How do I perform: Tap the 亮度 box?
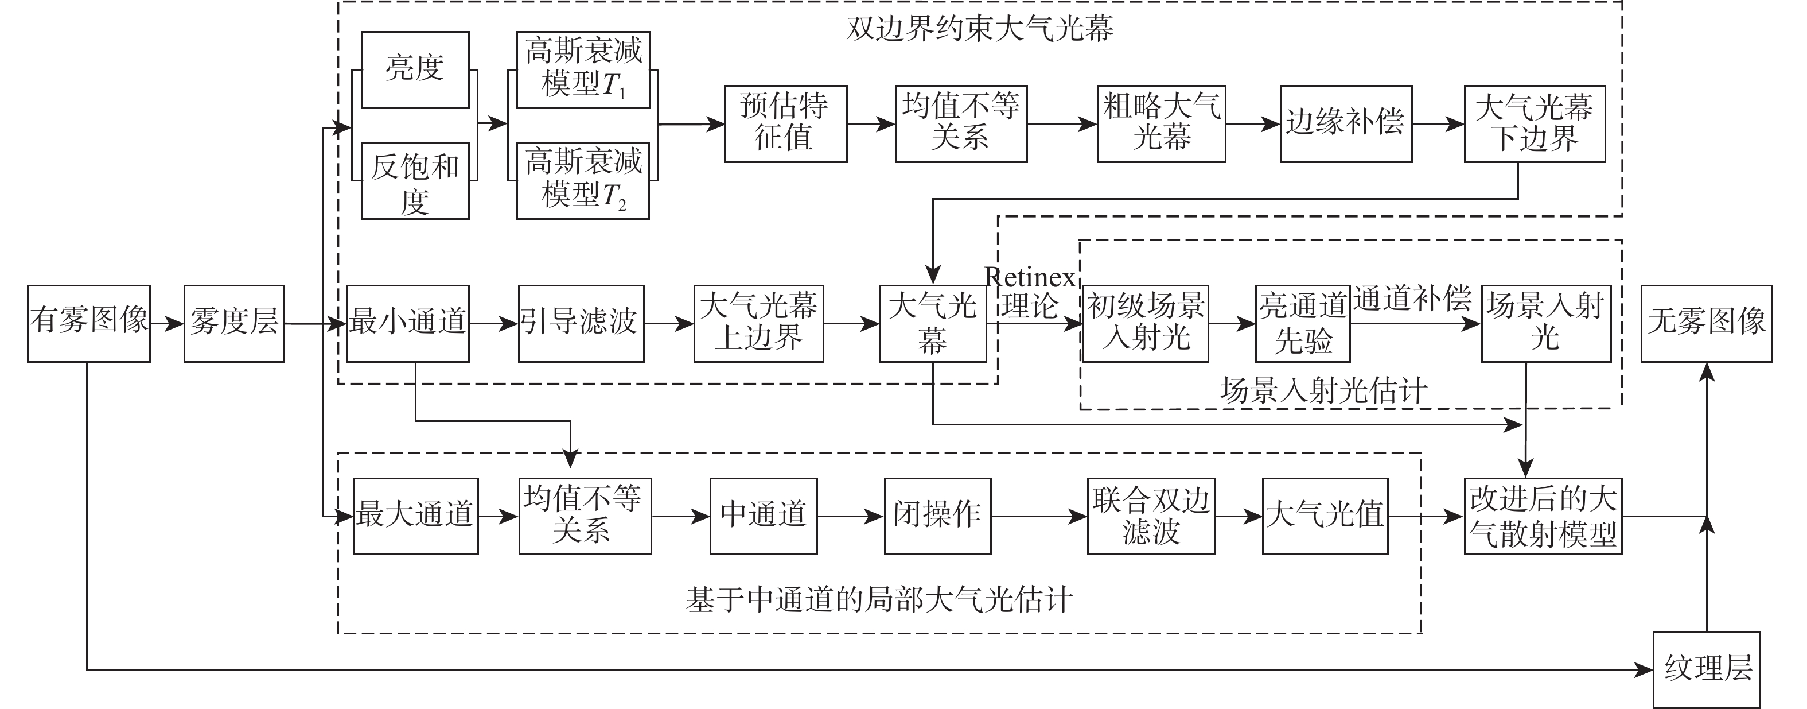tap(415, 69)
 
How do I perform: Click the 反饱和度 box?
tap(415, 180)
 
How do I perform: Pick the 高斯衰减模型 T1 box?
tap(582, 69)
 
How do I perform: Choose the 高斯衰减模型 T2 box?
tap(582, 180)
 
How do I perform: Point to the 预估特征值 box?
tap(785, 123)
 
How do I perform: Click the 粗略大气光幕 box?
tap(1161, 123)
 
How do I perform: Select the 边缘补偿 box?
tap(1345, 123)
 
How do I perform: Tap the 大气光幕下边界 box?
tap(1534, 123)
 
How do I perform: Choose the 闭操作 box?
tap(937, 516)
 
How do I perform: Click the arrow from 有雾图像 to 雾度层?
tap(167, 324)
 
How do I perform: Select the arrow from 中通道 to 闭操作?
tap(850, 517)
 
